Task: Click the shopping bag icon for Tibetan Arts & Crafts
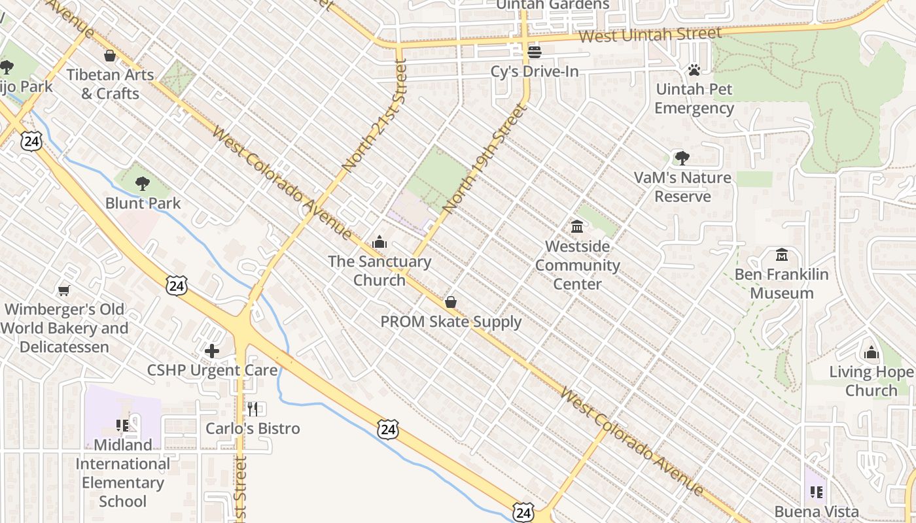110,56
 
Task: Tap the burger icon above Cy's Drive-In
535,52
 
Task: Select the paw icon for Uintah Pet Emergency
694,69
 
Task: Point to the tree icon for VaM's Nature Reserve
682,158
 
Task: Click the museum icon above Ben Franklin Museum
781,254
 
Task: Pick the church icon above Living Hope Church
871,353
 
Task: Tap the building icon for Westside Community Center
577,227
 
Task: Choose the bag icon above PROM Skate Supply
451,302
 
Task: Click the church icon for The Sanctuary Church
379,243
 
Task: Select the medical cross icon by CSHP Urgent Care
212,351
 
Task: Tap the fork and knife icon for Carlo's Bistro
253,409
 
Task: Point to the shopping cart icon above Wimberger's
63,290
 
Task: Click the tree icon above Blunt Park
143,184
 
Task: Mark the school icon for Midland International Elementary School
122,426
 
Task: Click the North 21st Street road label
374,116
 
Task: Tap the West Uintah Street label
650,35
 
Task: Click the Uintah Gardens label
552,5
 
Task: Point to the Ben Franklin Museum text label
781,283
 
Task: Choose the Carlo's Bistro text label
253,429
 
